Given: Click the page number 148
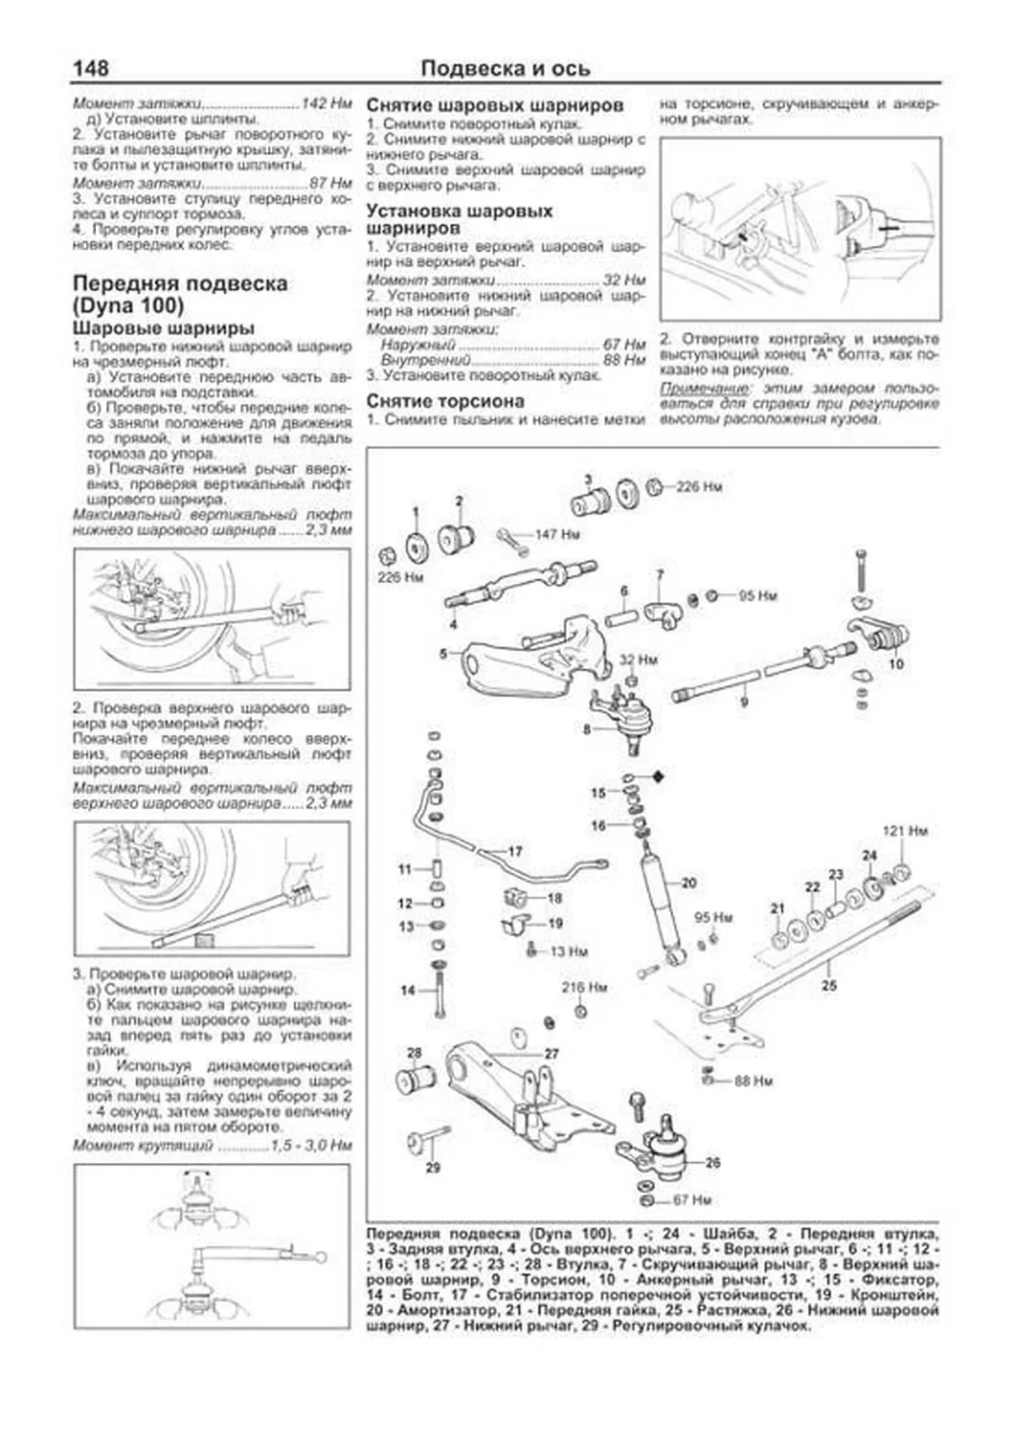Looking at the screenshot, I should tap(90, 67).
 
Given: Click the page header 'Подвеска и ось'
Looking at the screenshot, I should tap(505, 68).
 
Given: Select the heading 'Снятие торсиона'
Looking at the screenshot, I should tap(445, 401).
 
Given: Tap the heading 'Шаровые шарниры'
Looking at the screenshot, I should tap(163, 328).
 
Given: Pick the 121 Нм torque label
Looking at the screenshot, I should tap(905, 831).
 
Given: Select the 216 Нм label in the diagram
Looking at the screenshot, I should tap(585, 987).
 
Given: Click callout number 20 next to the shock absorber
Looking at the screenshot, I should tap(689, 883).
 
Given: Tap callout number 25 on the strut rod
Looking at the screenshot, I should tap(829, 984).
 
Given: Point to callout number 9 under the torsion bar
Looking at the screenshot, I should tap(743, 701).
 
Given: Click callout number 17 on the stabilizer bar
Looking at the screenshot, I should tap(515, 851).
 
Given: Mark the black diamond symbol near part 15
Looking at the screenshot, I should tap(658, 777).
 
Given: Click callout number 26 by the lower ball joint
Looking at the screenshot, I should tap(713, 1163).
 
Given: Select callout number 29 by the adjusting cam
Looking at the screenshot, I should tap(432, 1167).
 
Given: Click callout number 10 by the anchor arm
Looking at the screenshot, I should tap(896, 664).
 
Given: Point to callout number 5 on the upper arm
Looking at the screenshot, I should tap(443, 653).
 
